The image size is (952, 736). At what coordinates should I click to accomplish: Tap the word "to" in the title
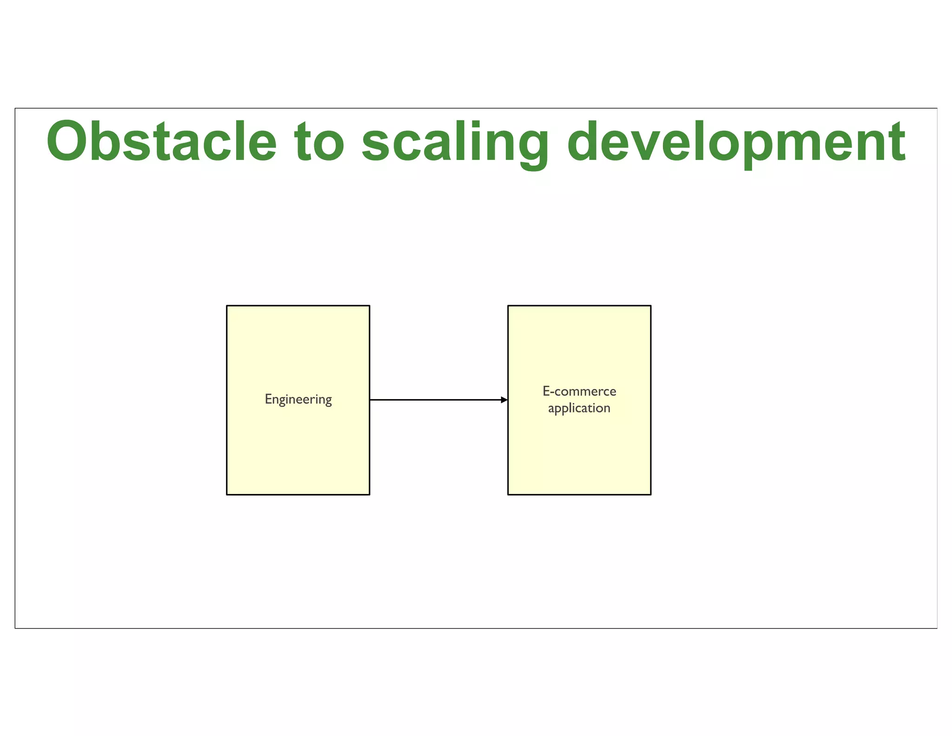pos(319,142)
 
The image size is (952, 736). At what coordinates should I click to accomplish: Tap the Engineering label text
pos(298,399)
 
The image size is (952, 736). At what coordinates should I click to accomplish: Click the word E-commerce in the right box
pos(579,391)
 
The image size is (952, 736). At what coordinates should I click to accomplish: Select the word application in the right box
pos(579,408)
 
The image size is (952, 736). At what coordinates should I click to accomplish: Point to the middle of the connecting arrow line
pos(438,400)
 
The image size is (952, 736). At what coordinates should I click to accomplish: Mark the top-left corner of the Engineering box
pos(227,306)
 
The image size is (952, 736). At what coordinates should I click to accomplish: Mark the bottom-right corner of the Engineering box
pos(370,494)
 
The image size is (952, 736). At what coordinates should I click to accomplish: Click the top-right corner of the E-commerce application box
pos(651,306)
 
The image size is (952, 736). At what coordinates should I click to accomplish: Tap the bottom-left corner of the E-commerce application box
pos(508,494)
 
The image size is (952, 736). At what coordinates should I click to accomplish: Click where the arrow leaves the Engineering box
pos(370,400)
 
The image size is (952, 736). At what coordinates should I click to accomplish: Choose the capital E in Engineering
pos(268,399)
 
